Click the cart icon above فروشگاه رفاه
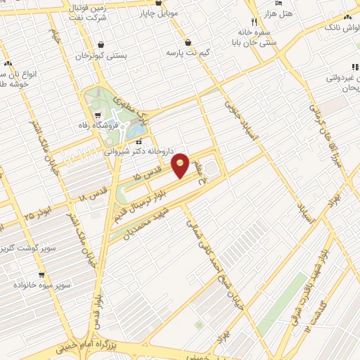pos(96,115)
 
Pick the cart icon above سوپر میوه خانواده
pos(41,275)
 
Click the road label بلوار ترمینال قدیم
pos(149,199)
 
